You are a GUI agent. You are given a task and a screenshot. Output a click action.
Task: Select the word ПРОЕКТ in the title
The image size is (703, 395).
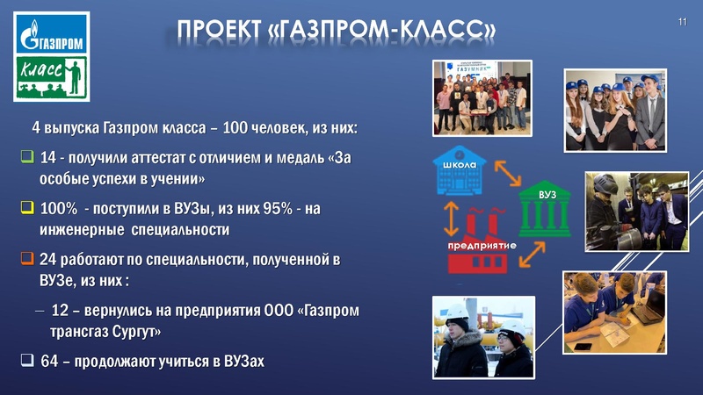pos(216,32)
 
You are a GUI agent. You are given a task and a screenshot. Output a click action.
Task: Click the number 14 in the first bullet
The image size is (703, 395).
pos(49,160)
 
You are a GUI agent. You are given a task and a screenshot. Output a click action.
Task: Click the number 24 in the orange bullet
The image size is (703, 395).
pos(49,261)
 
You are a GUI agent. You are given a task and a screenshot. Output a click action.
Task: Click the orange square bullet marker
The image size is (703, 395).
pos(27,260)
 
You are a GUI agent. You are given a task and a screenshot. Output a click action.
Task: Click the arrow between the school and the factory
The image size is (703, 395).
pos(450,213)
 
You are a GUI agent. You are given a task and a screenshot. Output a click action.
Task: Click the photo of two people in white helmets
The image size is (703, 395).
pos(483,337)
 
